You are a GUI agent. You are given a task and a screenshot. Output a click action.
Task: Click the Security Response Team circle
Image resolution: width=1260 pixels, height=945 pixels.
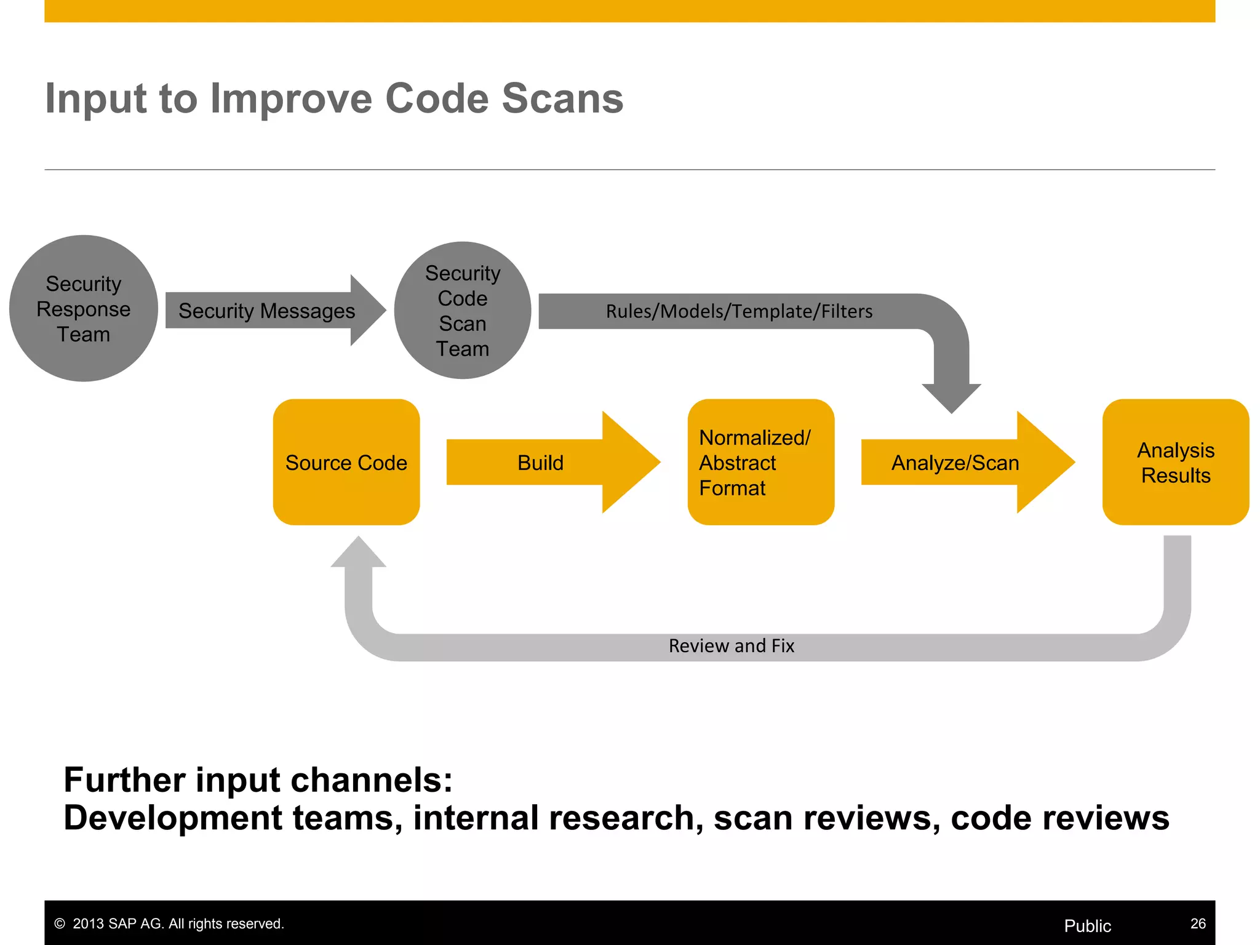point(84,308)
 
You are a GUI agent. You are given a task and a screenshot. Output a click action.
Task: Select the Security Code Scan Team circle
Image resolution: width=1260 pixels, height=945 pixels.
point(463,310)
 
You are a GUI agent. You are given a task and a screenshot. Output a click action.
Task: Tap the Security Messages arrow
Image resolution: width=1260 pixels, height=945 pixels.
point(267,311)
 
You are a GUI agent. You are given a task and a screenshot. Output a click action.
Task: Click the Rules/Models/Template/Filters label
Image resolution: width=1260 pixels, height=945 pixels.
point(739,311)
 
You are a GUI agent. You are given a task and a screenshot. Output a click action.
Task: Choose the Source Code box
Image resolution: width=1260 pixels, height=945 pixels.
point(346,462)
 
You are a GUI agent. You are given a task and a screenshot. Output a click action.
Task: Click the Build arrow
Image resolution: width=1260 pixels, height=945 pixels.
point(540,463)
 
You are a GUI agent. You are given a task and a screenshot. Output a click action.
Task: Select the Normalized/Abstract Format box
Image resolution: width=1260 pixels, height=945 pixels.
point(760,462)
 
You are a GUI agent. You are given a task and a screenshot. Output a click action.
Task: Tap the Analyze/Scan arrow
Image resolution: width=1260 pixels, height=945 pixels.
point(955,463)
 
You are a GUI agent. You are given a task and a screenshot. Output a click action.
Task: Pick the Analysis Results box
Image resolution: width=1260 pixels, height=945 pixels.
point(1175,462)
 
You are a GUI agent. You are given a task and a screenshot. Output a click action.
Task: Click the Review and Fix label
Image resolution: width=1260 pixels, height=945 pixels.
point(731,646)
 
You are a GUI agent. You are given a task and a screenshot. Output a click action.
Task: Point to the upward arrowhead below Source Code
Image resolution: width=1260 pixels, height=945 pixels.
point(359,554)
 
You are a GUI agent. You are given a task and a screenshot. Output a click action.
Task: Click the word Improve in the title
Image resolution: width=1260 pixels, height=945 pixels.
point(291,98)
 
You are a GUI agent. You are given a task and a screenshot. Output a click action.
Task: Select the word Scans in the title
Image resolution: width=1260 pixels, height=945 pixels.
point(562,98)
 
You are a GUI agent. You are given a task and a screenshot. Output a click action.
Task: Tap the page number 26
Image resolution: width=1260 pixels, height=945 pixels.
point(1197,923)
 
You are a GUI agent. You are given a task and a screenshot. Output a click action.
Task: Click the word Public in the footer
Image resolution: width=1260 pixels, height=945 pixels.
point(1087,926)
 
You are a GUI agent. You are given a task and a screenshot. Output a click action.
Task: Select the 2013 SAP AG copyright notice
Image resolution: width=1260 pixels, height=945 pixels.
point(169,923)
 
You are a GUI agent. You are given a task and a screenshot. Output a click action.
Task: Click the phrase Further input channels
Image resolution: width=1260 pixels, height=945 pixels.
point(258,780)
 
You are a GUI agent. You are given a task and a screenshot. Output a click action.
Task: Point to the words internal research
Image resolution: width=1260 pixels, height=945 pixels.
point(557,818)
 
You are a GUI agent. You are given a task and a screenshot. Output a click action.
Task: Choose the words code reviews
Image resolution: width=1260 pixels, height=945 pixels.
point(1059,818)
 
